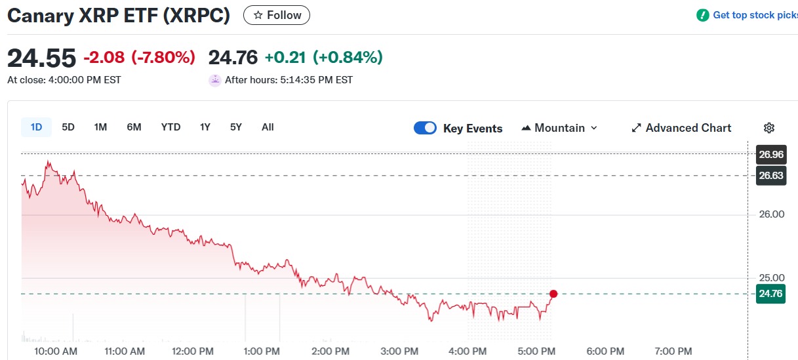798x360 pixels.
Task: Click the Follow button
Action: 277,15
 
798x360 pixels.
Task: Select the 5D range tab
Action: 68,127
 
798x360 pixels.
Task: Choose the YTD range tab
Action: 170,127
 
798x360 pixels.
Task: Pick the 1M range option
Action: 100,127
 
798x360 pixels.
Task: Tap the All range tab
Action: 268,127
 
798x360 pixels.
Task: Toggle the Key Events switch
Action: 425,128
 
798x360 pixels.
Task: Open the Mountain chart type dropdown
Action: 559,128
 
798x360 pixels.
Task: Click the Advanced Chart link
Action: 681,128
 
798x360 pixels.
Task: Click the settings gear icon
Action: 769,128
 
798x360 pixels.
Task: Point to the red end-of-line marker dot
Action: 553,294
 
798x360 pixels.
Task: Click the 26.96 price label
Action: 770,155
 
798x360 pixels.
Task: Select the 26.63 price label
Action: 770,175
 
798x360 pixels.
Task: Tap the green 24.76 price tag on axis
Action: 770,294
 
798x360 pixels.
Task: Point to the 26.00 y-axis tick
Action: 771,214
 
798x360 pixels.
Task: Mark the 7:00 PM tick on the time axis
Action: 673,351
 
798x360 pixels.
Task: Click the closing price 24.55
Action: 41,58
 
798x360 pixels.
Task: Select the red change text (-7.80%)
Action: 163,58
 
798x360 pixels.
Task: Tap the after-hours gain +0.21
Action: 285,58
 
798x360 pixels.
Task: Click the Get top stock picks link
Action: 754,15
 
